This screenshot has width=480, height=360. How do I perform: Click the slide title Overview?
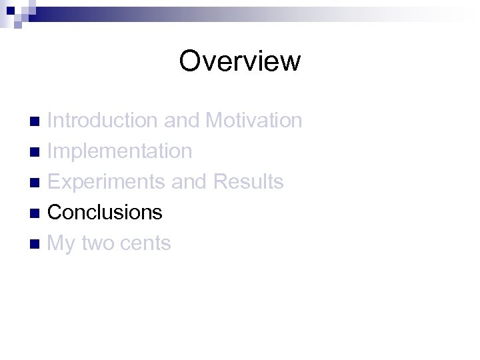240,61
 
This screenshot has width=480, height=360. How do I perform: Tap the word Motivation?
254,121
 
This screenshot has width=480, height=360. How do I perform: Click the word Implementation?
120,151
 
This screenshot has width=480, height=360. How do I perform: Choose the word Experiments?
107,182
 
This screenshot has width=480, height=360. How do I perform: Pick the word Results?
249,182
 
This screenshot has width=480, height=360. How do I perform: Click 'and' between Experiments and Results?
191,182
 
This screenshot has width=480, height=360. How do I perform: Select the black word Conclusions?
105,213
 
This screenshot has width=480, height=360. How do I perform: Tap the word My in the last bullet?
61,244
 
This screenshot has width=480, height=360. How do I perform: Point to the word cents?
147,244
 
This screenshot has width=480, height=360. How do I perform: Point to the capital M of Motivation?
215,121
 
